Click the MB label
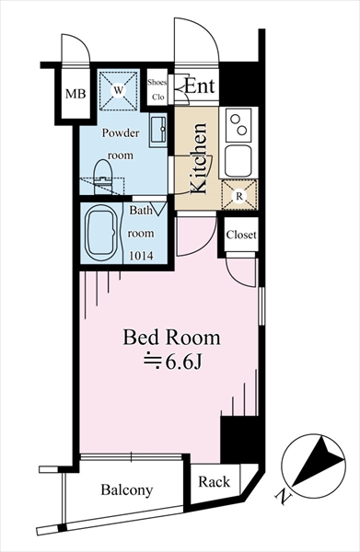(75, 94)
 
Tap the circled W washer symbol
(119, 90)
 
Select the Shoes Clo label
(157, 89)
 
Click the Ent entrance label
(200, 86)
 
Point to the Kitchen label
(199, 158)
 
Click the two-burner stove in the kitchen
(239, 124)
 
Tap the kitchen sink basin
(238, 160)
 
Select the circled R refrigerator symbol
(239, 196)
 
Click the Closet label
(241, 235)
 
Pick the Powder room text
(121, 144)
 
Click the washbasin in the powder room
(157, 130)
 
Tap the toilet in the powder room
(103, 177)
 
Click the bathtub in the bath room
(101, 233)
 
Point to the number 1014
(141, 256)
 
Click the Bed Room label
(171, 338)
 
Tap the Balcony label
(127, 490)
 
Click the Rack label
(215, 481)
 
